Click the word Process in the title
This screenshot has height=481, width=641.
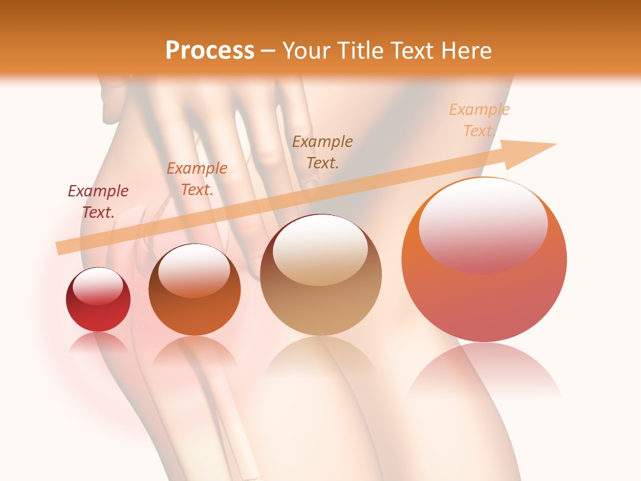[x=210, y=51]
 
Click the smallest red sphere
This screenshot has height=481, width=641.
[x=98, y=300]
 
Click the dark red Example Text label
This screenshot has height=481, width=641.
[x=98, y=202]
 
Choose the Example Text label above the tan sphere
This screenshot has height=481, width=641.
[x=323, y=152]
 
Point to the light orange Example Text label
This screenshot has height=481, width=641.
[x=479, y=120]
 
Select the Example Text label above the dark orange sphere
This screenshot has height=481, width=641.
[x=197, y=179]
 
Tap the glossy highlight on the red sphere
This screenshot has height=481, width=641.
[x=97, y=287]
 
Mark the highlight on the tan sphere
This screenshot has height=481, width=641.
[x=320, y=250]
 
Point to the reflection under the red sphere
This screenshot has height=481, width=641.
[x=98, y=342]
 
